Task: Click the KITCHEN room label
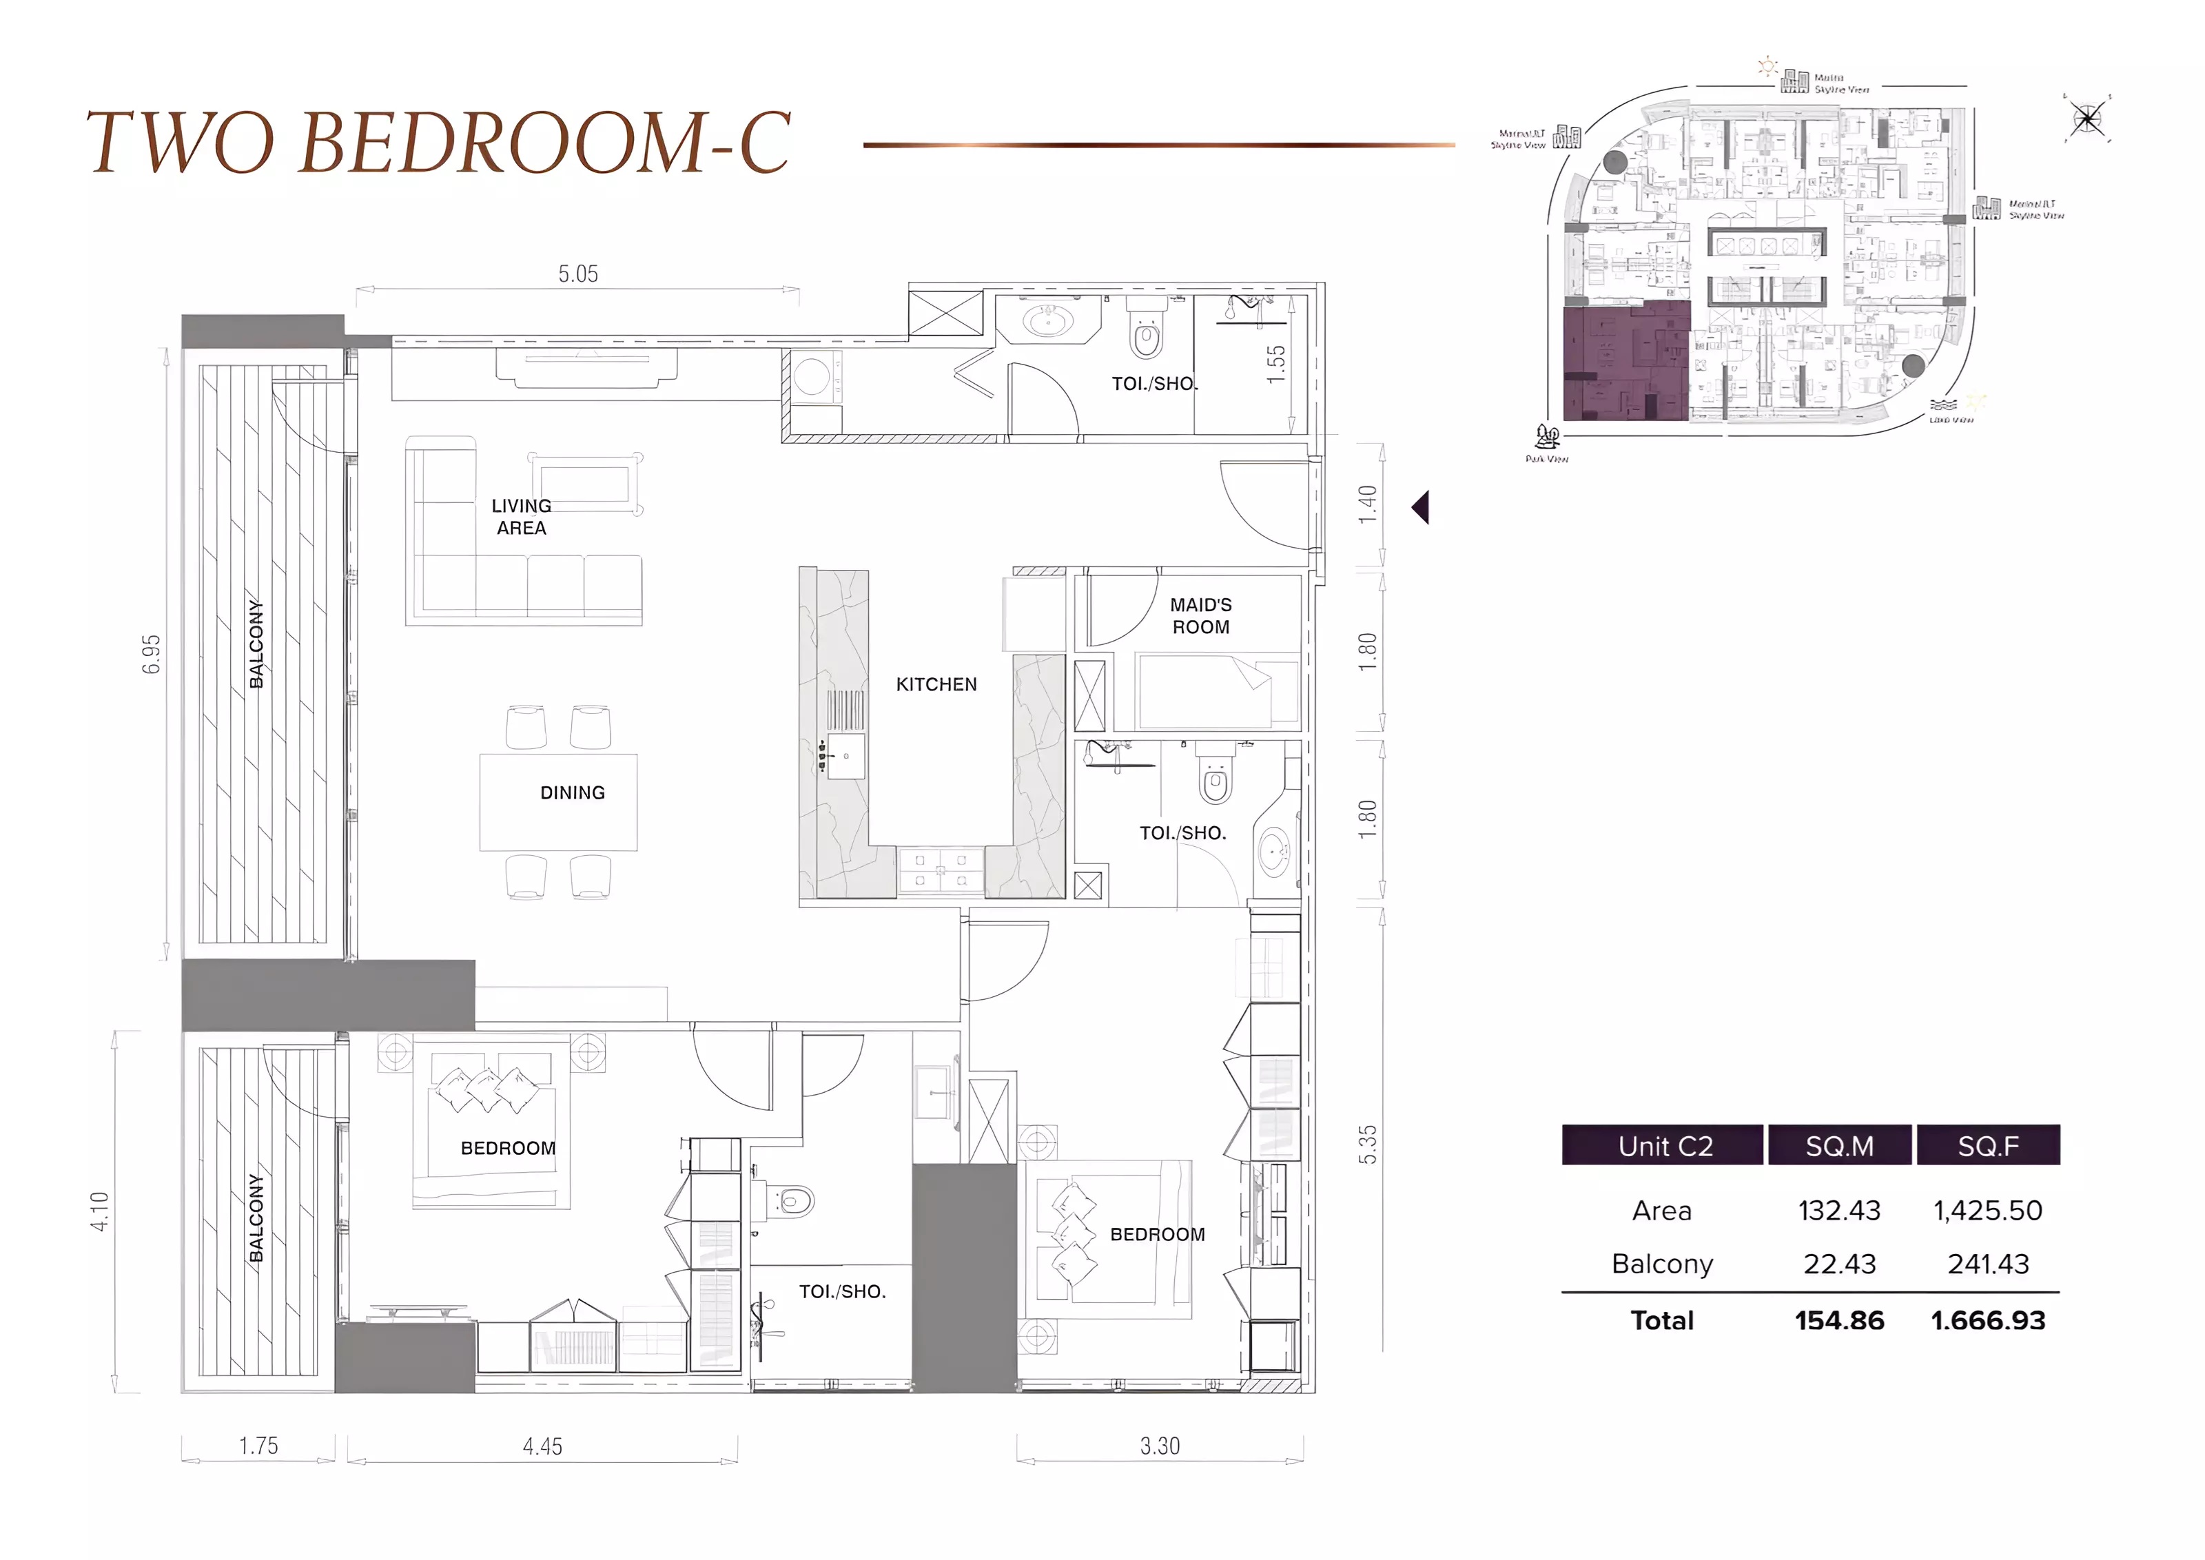pos(936,684)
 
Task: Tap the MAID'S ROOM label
pos(1200,616)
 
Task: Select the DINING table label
pos(573,792)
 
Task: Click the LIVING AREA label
pos(522,517)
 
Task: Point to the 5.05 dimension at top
pos(578,274)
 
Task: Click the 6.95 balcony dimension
pos(152,654)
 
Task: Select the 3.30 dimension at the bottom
pos(1159,1446)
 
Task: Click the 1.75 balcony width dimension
pos(258,1446)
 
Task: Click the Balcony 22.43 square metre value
pos(1839,1264)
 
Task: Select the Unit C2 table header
pos(1664,1146)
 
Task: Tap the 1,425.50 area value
pos(1987,1211)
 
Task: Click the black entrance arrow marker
pos(1422,507)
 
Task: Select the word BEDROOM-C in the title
pos(544,142)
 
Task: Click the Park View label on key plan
pos(1546,459)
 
